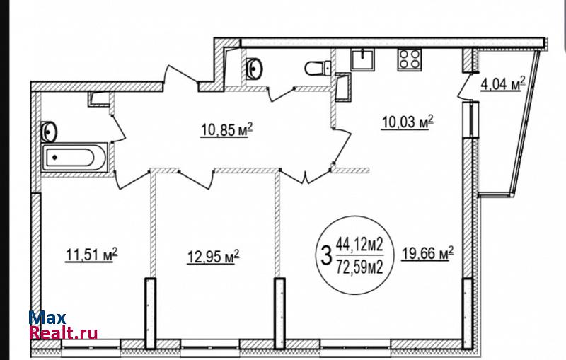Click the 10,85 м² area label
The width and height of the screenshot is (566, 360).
point(226,130)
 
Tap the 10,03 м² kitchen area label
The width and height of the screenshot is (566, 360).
point(408,122)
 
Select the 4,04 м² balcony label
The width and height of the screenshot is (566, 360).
point(502,84)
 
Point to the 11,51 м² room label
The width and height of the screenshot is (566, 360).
point(92,255)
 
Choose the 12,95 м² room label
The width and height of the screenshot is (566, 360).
point(213,257)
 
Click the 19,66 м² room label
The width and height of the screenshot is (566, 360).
point(428,253)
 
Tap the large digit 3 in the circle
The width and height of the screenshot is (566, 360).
point(326,255)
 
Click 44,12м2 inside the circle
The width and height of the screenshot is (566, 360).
point(359,245)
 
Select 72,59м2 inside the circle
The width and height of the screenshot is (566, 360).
point(359,267)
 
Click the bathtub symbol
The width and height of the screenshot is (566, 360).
point(74,157)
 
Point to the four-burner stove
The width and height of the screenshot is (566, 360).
point(410,59)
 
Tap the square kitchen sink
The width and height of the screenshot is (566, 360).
point(362,59)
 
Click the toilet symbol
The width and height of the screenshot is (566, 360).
point(318,68)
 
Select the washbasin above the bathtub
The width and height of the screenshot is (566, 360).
point(49,132)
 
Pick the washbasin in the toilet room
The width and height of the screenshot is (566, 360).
point(254,68)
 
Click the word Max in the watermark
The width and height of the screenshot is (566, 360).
point(47,318)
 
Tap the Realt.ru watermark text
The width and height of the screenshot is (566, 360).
point(64,332)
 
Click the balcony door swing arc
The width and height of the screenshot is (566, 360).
point(463,86)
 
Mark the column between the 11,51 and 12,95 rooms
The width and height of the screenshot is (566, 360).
point(150,313)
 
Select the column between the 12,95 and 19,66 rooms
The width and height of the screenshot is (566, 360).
point(279,313)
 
